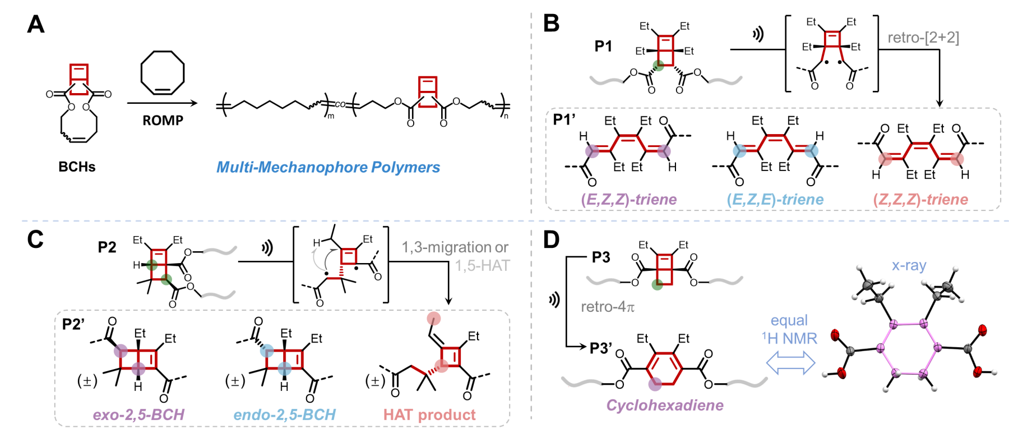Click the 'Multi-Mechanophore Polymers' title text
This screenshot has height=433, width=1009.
tap(328, 167)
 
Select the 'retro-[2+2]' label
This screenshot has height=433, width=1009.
tap(923, 38)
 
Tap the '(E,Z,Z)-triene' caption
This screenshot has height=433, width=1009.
tap(629, 199)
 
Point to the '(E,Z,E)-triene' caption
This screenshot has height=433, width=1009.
tap(775, 199)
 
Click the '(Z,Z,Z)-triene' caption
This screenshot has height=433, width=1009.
tap(920, 199)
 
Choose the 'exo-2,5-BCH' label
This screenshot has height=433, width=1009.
tap(138, 414)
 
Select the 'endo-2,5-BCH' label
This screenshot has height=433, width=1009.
tap(284, 414)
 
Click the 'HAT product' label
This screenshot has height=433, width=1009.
tap(429, 414)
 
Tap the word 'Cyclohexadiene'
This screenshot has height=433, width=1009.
tap(665, 405)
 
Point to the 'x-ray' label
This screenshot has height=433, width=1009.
tap(909, 265)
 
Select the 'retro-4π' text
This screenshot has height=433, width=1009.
tap(608, 307)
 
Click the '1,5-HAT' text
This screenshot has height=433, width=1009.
tap(482, 265)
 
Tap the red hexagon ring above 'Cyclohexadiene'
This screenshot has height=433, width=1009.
tap(664, 368)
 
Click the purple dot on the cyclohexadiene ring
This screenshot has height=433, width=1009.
tap(655, 384)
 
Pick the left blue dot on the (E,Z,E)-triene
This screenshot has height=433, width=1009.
tap(740, 150)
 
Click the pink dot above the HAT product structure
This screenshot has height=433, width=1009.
tap(433, 319)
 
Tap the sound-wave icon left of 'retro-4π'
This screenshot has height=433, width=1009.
tap(554, 300)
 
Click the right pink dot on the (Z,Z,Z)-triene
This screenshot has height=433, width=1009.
tap(957, 159)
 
